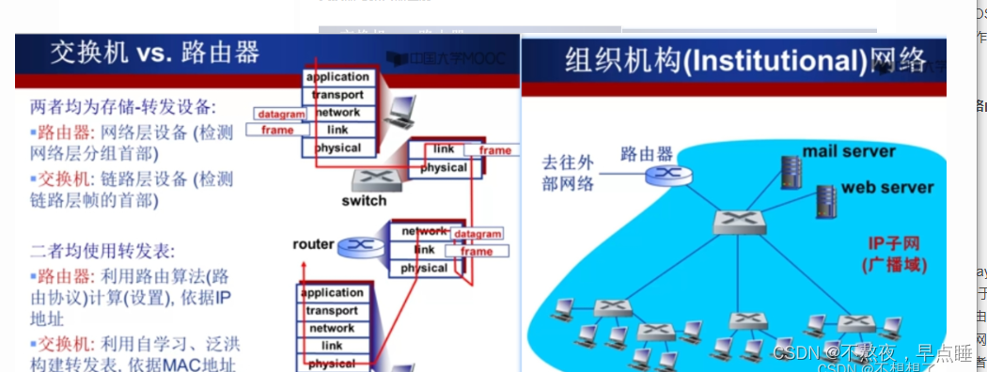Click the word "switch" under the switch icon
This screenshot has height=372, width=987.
coord(364,201)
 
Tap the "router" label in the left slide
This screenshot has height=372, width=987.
coord(313,244)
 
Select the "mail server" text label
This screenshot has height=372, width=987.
coord(849,151)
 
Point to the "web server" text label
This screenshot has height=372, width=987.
coord(887,187)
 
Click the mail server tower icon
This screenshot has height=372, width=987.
coord(791,168)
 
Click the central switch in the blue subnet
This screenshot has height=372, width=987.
coord(733,223)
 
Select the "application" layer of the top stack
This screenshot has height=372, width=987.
coord(337,77)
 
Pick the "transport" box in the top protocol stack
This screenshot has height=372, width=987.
coord(337,95)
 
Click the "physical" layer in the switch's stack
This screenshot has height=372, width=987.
coord(444,167)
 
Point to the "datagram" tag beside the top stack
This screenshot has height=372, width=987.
coord(281,115)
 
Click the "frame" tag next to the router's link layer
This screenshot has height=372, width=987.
coord(477,252)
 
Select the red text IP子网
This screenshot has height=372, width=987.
coord(894,243)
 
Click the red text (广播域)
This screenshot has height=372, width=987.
coord(894,265)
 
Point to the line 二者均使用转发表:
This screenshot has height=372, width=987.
coord(102,251)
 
